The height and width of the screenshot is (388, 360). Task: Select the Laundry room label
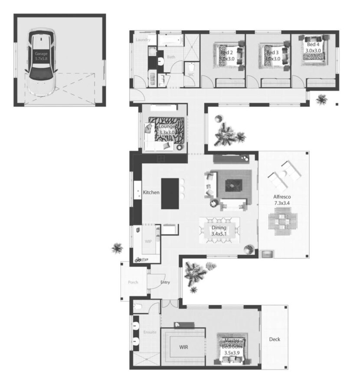(x=143, y=40)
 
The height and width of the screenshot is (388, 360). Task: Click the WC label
(x=191, y=75)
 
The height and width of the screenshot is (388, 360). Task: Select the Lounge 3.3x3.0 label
(x=166, y=129)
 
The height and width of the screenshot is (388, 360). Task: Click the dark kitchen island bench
(x=170, y=193)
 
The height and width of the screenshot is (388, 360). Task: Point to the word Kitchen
(x=151, y=192)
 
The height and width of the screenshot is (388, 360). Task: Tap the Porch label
(x=133, y=282)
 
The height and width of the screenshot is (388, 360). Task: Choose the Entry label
(x=165, y=283)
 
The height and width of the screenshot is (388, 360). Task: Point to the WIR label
(x=184, y=347)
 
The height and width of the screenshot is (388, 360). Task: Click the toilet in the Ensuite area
(x=138, y=308)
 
